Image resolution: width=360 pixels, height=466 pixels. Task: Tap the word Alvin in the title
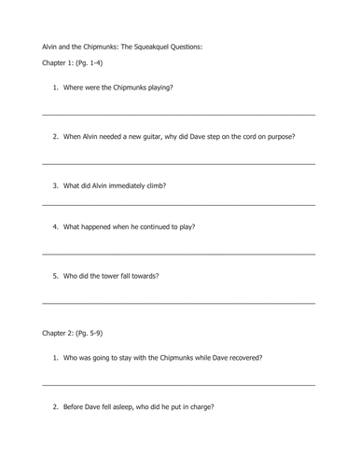(52, 44)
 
